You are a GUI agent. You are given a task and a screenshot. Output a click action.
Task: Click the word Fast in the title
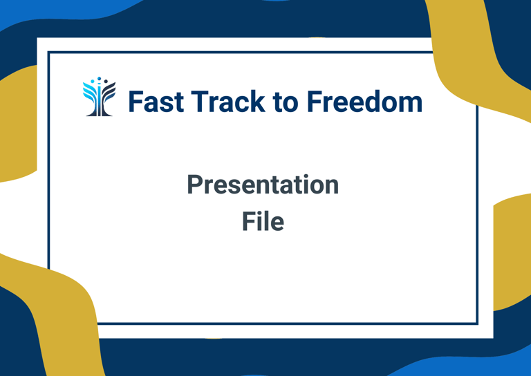tap(156, 101)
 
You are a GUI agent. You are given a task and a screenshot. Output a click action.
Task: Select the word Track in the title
tap(228, 101)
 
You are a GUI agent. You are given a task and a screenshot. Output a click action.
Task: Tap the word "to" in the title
tap(285, 103)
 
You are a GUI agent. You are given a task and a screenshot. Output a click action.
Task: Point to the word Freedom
tap(365, 101)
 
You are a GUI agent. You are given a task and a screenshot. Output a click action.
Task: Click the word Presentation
tap(263, 185)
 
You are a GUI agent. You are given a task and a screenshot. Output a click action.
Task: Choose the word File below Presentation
tap(263, 221)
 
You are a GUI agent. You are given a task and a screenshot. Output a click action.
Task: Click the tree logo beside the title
tap(100, 97)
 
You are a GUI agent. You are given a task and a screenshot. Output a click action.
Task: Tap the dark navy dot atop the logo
tap(106, 82)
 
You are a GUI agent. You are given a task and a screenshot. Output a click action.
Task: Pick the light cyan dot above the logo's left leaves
tap(93, 82)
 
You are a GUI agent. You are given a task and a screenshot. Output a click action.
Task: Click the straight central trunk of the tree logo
tap(100, 102)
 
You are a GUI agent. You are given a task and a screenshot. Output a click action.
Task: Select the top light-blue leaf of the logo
tap(88, 86)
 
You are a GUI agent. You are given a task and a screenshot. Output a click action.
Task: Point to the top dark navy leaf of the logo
tap(110, 86)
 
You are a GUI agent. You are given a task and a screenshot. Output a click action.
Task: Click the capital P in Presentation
tap(195, 185)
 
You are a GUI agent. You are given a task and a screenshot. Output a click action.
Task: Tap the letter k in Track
tap(258, 101)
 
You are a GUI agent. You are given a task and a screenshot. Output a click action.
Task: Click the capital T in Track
tap(199, 101)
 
